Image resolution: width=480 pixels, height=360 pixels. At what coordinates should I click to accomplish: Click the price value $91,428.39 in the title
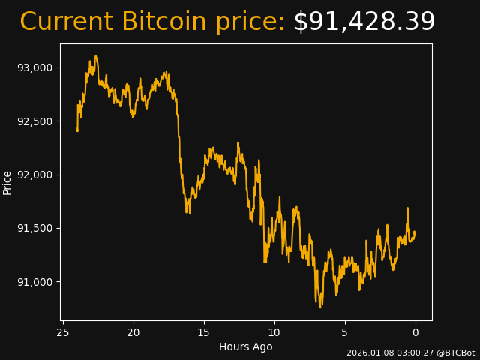(364, 22)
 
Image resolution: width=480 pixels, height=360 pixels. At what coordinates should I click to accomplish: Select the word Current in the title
(66, 22)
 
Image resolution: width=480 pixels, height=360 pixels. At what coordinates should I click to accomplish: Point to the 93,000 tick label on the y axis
(36, 67)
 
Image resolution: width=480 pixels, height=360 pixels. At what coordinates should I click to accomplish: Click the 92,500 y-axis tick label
(36, 121)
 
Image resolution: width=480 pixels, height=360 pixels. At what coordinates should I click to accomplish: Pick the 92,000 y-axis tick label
(36, 175)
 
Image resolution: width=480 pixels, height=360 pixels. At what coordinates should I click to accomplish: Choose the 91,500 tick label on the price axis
(36, 228)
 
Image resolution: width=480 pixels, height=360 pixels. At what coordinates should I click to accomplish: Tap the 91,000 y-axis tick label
(36, 282)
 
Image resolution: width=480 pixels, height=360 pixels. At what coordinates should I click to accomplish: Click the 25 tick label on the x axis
(63, 332)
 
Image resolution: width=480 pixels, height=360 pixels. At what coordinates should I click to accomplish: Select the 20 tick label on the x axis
(133, 332)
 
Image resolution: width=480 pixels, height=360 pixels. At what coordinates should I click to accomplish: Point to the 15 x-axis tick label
(204, 332)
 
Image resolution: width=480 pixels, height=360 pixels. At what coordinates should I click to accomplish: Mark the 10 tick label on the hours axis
(274, 332)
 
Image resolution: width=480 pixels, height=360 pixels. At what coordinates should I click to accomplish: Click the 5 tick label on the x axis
(345, 332)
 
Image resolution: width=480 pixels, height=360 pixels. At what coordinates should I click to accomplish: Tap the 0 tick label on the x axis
(415, 332)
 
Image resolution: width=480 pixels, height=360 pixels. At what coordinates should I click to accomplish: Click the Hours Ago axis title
(246, 346)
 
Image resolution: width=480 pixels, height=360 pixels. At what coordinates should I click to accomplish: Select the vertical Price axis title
(7, 182)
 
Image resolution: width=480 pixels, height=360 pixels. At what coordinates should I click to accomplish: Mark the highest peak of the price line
(95, 55)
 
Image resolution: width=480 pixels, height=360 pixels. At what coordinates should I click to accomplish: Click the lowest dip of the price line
(320, 307)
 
